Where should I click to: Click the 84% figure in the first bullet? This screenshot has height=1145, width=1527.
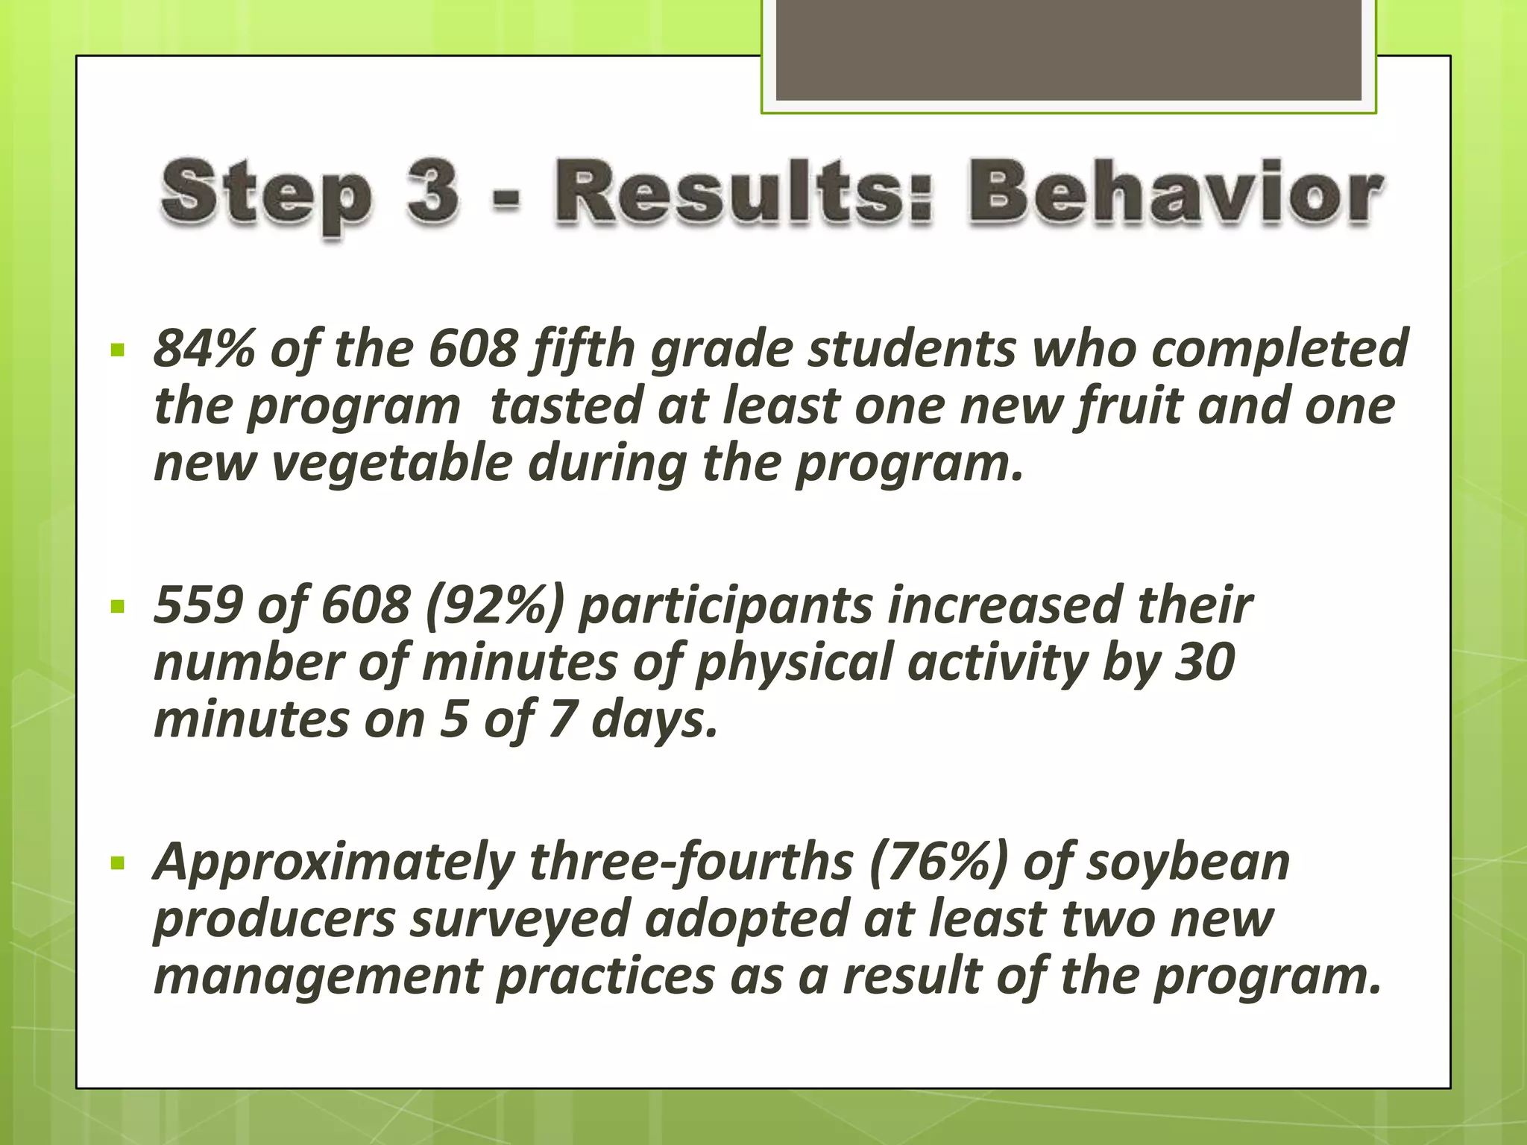tap(203, 348)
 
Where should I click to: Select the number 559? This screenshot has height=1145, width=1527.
tap(198, 605)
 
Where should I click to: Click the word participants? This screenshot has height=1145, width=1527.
tap(725, 605)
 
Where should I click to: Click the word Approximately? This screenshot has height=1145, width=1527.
tap(333, 862)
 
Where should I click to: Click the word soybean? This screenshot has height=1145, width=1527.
tap(1188, 862)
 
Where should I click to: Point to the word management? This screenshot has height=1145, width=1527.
tap(318, 977)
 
